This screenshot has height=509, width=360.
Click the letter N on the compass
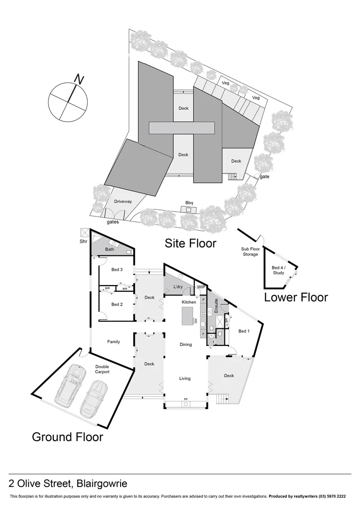coord(79,80)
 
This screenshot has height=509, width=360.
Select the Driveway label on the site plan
coord(123,201)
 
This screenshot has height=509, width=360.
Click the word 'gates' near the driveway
coord(113,222)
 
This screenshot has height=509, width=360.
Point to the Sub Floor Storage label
coord(250,252)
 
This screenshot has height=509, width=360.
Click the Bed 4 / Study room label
coord(278,271)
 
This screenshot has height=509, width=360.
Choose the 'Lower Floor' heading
coord(295,297)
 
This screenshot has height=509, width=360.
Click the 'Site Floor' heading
coord(190,243)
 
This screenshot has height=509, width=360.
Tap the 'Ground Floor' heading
coord(67,437)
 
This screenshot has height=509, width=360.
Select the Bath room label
coord(110,249)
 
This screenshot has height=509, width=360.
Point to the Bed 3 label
coord(117,270)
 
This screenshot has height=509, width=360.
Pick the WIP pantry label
coord(201,287)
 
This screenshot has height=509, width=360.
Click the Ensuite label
coord(216,307)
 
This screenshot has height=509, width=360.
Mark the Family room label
coord(113,342)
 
